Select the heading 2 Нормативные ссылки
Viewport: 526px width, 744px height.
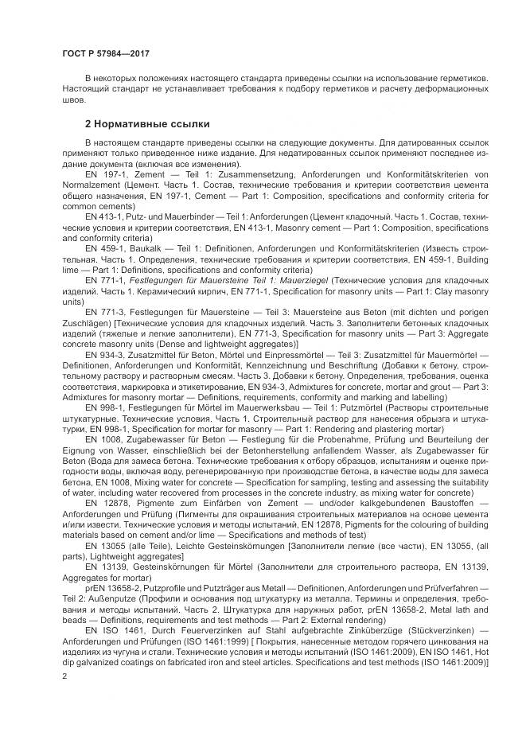147,124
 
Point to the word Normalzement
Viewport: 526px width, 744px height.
88,183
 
